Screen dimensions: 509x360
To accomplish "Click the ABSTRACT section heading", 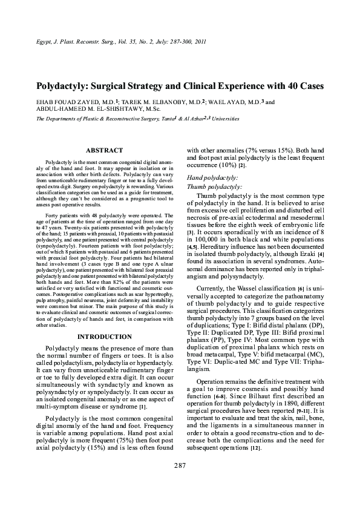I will point(105,149).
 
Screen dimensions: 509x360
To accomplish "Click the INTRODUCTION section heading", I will point(105,337).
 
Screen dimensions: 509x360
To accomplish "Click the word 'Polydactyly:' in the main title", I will point(67,87).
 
